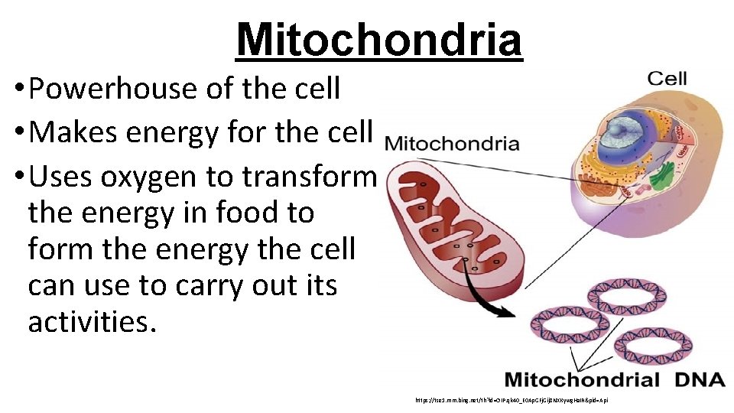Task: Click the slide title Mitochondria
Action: [379, 40]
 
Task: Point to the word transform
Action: [310, 177]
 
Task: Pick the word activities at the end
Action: [92, 321]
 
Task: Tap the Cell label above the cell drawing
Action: [667, 78]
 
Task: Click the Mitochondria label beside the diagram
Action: [452, 144]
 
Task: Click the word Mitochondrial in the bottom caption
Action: [582, 380]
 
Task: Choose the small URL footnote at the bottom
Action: [511, 400]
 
